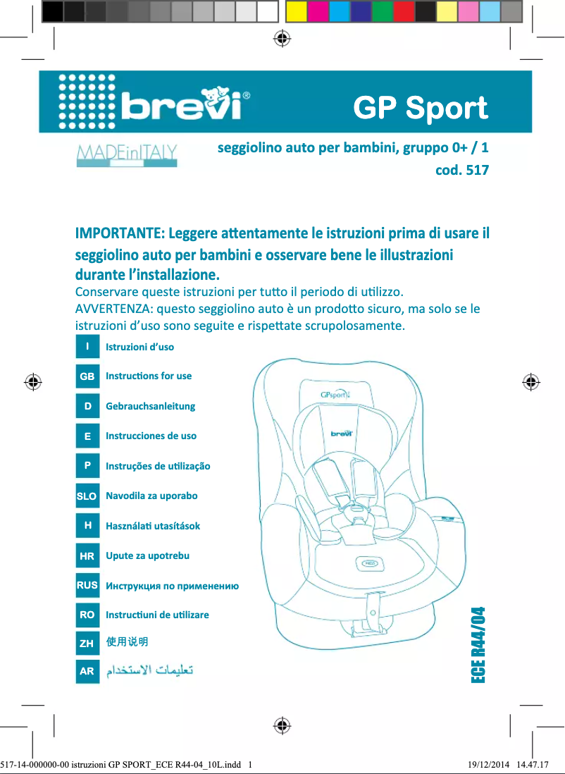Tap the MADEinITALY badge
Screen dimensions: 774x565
[127, 155]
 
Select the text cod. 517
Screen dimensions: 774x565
[462, 171]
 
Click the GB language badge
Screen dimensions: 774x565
[87, 376]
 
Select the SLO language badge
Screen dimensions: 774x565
[87, 496]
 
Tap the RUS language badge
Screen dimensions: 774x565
[87, 585]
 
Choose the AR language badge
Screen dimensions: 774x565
[87, 672]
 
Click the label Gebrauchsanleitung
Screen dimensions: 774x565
[150, 406]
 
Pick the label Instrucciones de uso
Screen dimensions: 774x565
[151, 436]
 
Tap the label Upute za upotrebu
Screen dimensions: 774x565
[147, 555]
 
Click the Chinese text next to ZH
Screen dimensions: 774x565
[126, 642]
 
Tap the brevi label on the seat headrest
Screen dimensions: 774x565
[342, 433]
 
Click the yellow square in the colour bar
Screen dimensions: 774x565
[296, 11]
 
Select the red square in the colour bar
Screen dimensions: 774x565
[404, 11]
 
